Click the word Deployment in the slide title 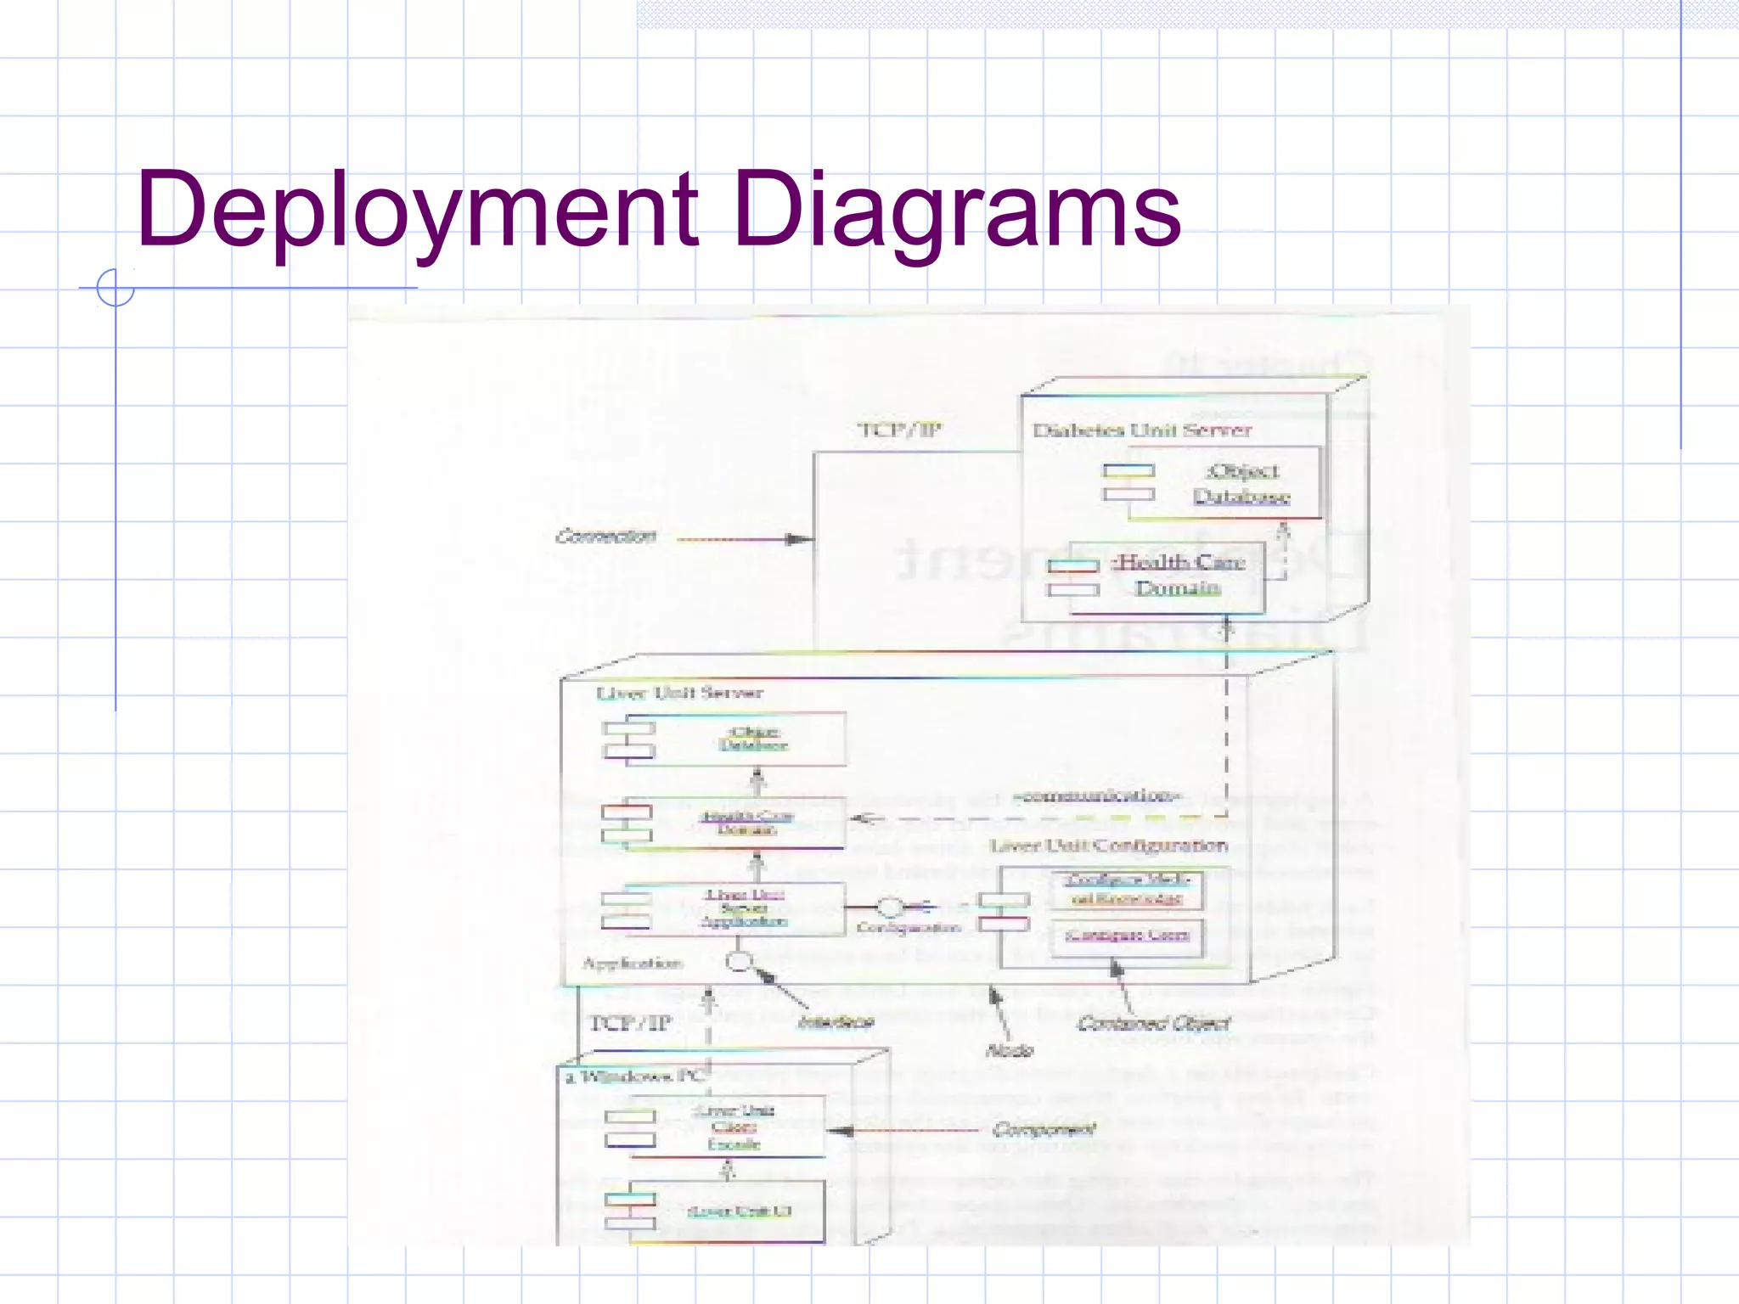point(416,211)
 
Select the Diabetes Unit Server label point(1142,430)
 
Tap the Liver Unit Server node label point(679,693)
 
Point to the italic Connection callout point(605,537)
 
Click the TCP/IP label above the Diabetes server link point(899,430)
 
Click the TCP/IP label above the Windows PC point(630,1023)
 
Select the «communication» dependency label point(1096,796)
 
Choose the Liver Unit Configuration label point(1108,846)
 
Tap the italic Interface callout point(836,1022)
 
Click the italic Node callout point(1009,1051)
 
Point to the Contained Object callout point(1153,1024)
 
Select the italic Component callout point(1044,1130)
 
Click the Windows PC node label point(635,1077)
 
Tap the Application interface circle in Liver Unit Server point(739,962)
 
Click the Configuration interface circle point(889,908)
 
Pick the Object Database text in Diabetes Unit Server point(1241,484)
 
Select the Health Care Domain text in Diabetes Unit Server point(1179,575)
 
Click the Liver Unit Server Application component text point(744,908)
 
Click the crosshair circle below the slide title point(115,288)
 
